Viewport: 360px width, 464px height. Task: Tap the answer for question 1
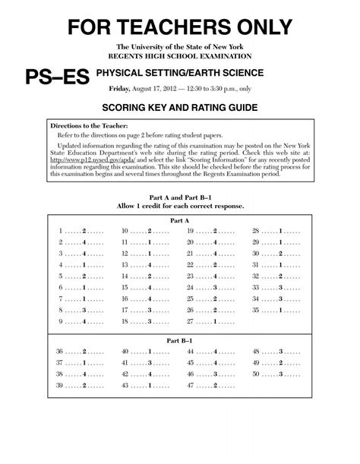(x=84, y=230)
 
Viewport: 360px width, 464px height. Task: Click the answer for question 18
(x=150, y=322)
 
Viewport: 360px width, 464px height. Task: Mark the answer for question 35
(x=280, y=311)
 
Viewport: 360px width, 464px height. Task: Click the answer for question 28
(x=280, y=230)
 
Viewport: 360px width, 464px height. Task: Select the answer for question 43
(x=150, y=386)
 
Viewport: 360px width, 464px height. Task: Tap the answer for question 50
(x=280, y=374)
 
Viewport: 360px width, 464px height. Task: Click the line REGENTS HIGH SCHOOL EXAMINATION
(x=180, y=57)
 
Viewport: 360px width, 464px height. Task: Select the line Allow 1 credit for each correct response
(x=180, y=206)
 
